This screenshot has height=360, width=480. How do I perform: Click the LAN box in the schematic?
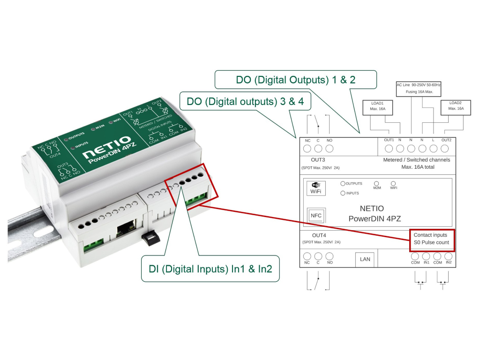(365, 259)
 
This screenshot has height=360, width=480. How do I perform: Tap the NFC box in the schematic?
(315, 216)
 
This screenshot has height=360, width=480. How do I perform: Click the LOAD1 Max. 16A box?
(378, 105)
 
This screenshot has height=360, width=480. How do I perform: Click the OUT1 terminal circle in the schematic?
(389, 149)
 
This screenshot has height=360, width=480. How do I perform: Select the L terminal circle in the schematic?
(433, 149)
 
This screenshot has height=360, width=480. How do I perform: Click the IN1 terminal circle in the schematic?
(426, 256)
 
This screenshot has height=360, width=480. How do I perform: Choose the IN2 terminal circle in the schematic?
(449, 256)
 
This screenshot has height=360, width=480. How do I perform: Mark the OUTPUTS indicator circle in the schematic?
(343, 184)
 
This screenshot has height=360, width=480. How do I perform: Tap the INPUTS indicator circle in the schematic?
(343, 193)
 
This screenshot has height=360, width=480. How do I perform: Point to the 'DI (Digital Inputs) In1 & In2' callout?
(210, 269)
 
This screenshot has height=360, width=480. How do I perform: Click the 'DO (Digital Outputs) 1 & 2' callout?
(295, 80)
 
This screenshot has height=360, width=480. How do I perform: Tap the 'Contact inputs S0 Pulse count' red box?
(431, 239)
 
